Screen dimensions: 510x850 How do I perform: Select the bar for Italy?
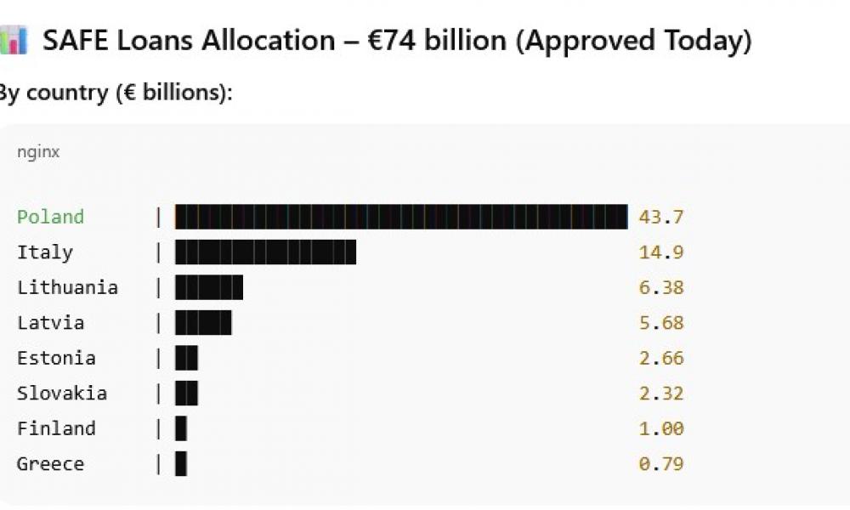point(265,252)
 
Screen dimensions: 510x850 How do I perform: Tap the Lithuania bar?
point(209,287)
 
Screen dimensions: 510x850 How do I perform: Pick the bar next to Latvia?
point(203,323)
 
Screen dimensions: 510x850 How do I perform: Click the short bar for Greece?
point(181,464)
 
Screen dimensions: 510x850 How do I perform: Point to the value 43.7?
point(661,217)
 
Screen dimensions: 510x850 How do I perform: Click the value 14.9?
point(661,252)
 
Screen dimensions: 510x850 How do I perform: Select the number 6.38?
point(661,287)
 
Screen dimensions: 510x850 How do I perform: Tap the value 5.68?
point(661,323)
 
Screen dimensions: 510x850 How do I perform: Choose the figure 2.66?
point(661,358)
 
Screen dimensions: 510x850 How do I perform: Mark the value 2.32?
point(661,394)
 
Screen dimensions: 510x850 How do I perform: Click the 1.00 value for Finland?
point(661,428)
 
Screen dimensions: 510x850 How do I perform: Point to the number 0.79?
point(661,464)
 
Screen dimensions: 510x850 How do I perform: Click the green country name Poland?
point(51,217)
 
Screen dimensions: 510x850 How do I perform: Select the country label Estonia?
point(56,358)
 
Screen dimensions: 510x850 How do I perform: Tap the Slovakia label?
point(62,394)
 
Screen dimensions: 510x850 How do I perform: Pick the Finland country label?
point(56,428)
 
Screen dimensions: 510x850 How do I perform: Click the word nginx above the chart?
point(38,153)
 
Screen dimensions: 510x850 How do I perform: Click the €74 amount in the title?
point(392,41)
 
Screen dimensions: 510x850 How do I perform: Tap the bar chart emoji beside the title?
point(14,41)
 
